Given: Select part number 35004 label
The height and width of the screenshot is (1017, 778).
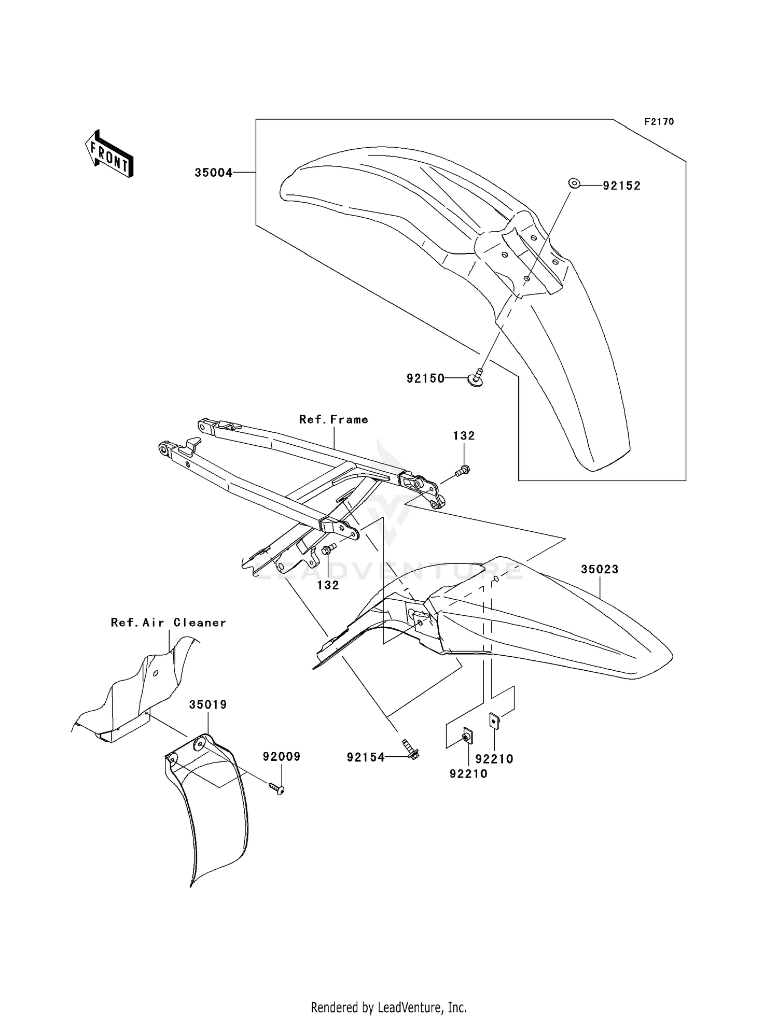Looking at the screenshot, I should pyautogui.click(x=213, y=173).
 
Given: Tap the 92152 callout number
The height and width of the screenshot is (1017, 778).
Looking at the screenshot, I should pyautogui.click(x=621, y=186).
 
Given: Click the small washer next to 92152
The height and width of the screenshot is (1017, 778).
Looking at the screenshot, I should pyautogui.click(x=574, y=182).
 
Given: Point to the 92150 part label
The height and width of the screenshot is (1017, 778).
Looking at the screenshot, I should pyautogui.click(x=425, y=378).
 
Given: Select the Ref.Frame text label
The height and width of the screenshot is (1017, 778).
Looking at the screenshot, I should pyautogui.click(x=334, y=419).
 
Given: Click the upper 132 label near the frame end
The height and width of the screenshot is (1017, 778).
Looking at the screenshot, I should pyautogui.click(x=464, y=436).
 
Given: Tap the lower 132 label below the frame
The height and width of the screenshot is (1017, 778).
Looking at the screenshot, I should pyautogui.click(x=328, y=585).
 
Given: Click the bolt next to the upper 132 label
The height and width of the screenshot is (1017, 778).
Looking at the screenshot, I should pyautogui.click(x=462, y=471).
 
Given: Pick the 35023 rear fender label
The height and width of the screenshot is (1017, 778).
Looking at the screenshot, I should pyautogui.click(x=600, y=569).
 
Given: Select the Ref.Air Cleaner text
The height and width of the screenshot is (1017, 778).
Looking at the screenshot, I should pyautogui.click(x=169, y=623).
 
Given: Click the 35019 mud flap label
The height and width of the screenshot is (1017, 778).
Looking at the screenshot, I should pyautogui.click(x=208, y=705).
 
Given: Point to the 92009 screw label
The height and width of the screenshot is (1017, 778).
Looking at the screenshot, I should pyautogui.click(x=282, y=757).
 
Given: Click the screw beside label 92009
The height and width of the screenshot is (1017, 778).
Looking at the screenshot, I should pyautogui.click(x=277, y=789).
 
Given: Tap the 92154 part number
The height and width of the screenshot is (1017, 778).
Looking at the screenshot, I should pyautogui.click(x=366, y=758).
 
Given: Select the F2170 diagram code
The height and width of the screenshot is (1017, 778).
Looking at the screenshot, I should pyautogui.click(x=659, y=122).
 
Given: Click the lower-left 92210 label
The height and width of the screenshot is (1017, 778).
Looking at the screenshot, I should pyautogui.click(x=468, y=774).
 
